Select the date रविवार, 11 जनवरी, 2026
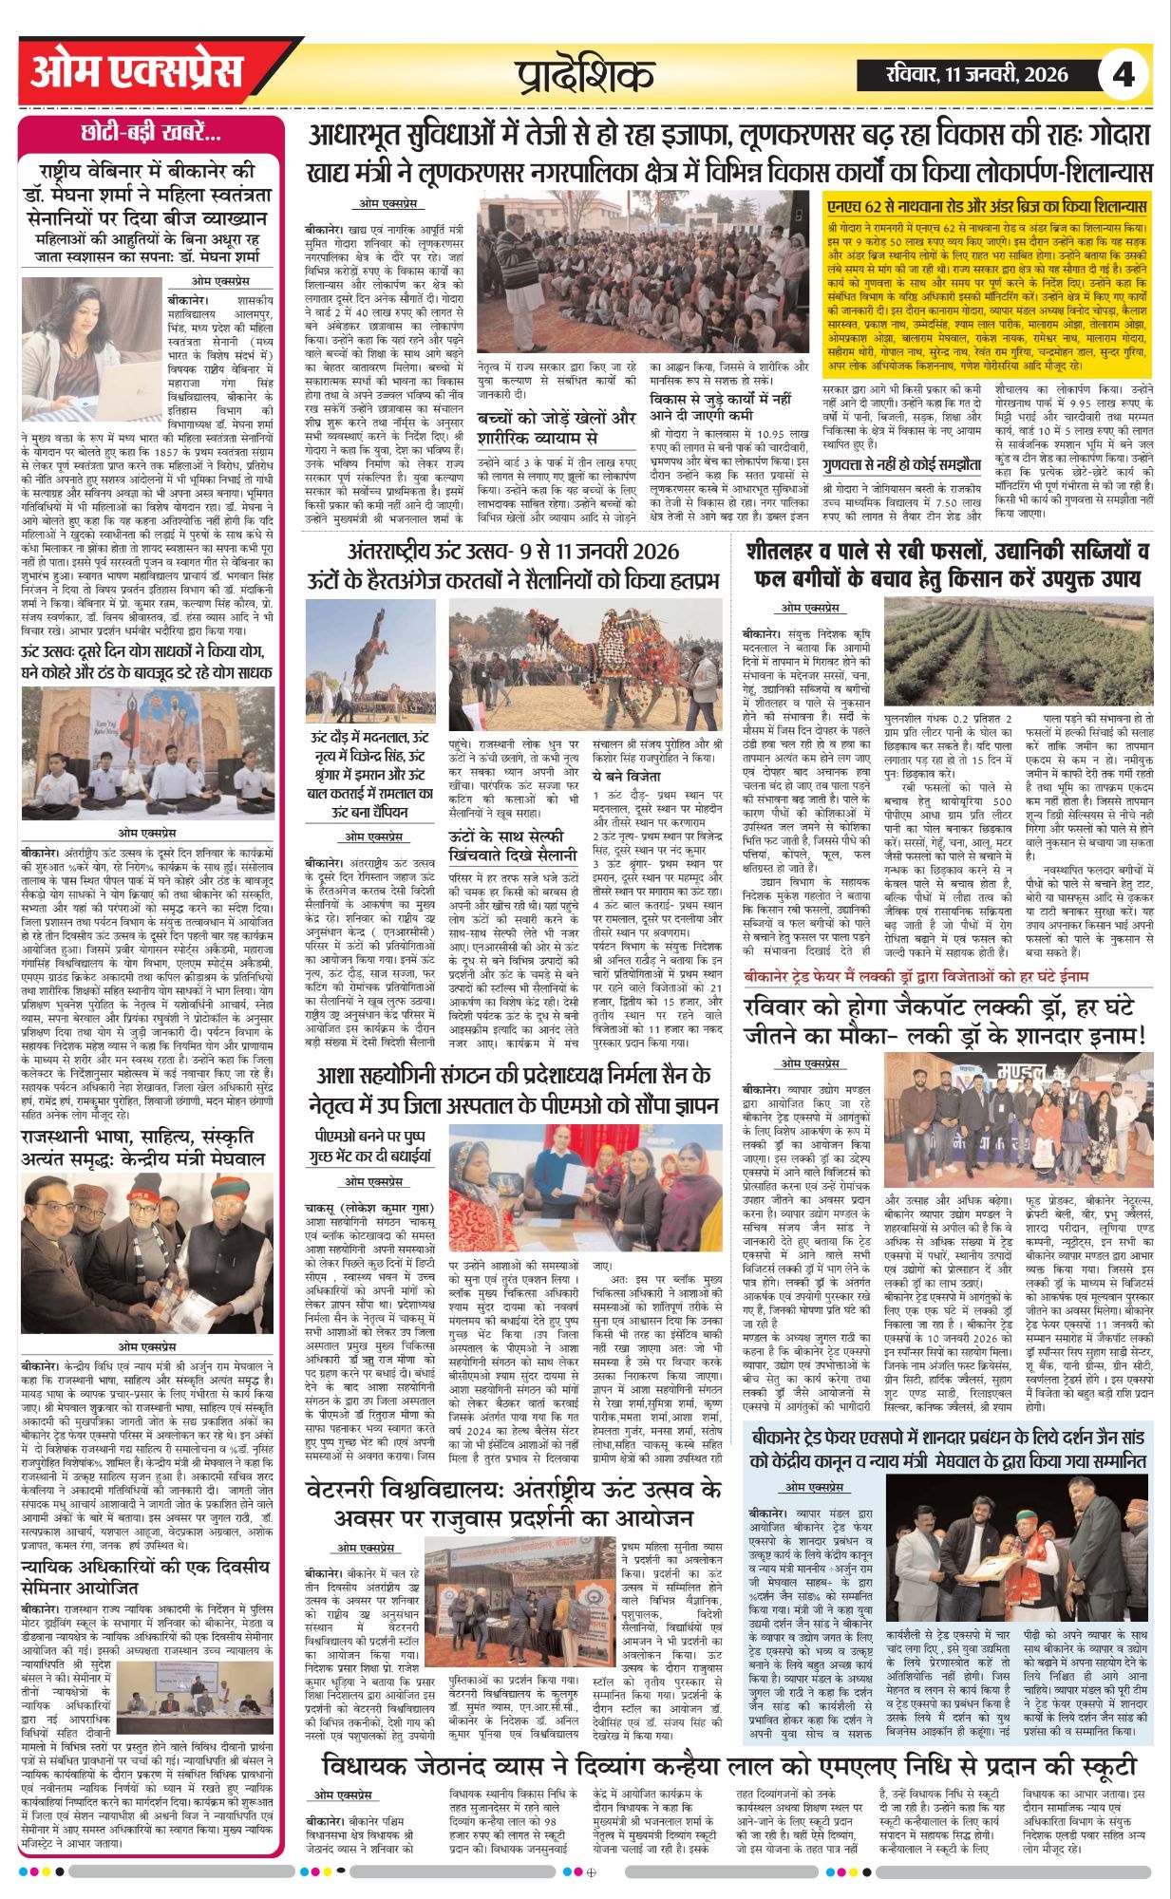click(974, 74)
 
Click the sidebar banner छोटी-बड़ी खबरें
click(151, 133)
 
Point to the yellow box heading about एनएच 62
click(987, 205)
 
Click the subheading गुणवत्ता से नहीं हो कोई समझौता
click(888, 464)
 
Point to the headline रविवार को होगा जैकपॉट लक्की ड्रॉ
click(945, 1020)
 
